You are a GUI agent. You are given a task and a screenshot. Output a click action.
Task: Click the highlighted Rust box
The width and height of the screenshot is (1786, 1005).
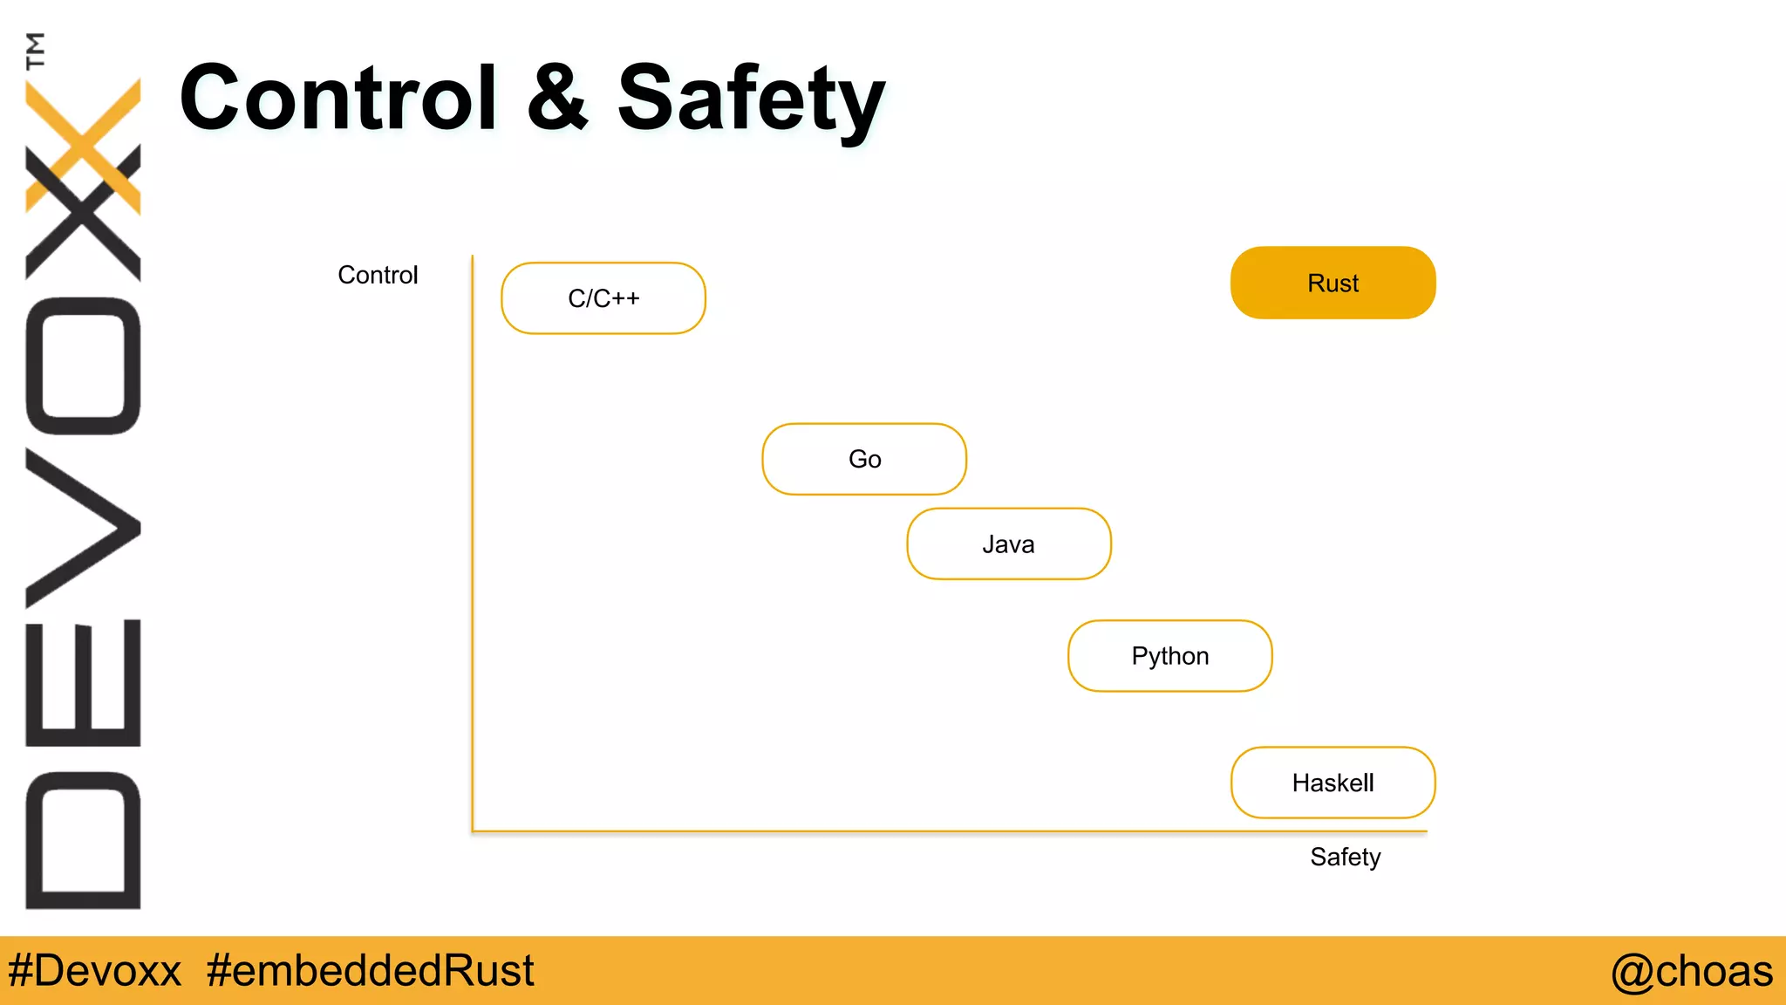point(1333,283)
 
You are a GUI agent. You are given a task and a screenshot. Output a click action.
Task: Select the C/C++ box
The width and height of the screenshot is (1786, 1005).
point(603,298)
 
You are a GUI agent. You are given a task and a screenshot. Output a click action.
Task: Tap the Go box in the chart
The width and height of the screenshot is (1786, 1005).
point(864,459)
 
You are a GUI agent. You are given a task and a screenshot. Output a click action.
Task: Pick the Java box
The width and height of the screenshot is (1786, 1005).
point(1009,544)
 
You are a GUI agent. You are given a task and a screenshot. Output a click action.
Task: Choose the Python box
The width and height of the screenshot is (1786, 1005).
point(1170,656)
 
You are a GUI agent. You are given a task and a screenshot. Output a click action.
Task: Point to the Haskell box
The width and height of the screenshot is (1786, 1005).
point(1333,783)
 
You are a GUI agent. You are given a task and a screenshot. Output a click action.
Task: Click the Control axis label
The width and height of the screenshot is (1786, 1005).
point(378,275)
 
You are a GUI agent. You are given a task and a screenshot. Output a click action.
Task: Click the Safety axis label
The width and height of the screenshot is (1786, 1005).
point(1345,857)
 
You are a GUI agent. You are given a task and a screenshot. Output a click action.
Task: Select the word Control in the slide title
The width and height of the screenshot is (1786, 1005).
point(338,98)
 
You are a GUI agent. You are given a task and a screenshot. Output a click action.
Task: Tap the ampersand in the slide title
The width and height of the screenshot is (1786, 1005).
point(558,98)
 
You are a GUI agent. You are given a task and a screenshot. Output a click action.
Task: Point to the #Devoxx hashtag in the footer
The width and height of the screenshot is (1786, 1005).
point(94,971)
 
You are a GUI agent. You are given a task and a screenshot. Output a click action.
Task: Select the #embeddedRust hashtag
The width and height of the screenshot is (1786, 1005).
point(370,971)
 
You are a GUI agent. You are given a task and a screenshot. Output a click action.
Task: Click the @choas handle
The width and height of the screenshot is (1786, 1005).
point(1691,971)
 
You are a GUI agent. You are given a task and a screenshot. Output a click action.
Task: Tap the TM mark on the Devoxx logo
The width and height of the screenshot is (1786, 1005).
point(36,51)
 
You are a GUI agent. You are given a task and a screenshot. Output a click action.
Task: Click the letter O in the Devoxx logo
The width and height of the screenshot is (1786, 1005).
point(84,366)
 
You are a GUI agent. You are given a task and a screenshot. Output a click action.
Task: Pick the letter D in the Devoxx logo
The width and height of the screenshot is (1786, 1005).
point(84,839)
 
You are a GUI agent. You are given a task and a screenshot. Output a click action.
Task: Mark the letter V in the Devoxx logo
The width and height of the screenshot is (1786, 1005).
point(84,527)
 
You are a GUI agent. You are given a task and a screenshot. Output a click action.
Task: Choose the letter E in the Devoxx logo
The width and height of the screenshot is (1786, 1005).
point(84,682)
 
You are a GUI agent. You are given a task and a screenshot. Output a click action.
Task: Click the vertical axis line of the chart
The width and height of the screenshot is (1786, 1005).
point(473,541)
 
